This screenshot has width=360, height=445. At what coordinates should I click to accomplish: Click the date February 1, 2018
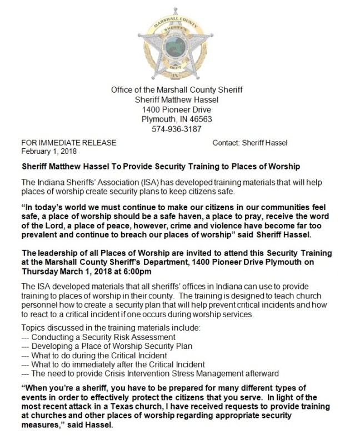(x=49, y=151)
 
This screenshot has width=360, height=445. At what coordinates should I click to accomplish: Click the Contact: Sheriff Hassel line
(x=250, y=143)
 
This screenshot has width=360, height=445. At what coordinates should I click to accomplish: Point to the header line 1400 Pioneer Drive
(x=177, y=109)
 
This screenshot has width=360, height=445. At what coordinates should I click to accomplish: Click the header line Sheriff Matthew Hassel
(x=177, y=99)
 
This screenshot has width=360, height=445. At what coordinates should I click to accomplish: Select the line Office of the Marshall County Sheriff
(x=177, y=89)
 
